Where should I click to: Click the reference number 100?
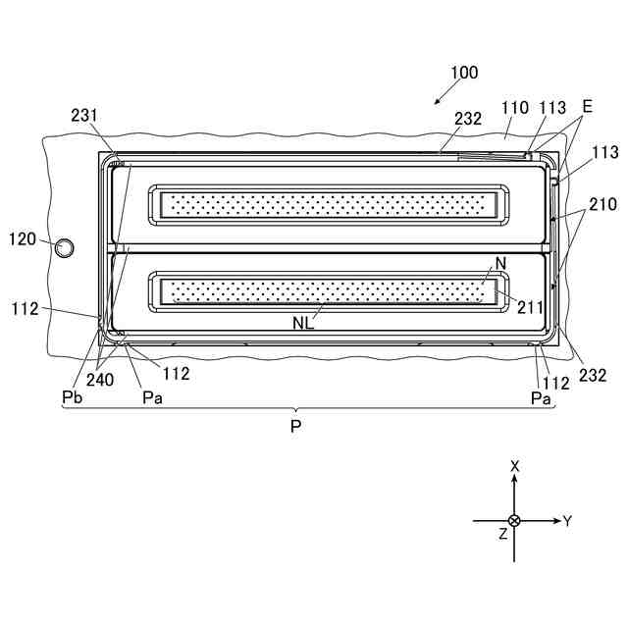point(464,73)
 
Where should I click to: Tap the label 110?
point(513,108)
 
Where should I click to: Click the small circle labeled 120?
point(64,247)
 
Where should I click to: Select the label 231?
point(84,116)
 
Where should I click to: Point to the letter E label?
point(587,106)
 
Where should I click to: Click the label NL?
point(304,321)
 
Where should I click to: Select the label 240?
point(110,380)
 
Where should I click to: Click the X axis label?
point(514,466)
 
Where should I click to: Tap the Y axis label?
point(567,521)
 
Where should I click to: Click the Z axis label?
point(501,535)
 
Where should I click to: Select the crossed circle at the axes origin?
point(514,520)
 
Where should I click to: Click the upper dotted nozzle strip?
point(323,204)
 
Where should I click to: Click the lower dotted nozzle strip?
point(323,291)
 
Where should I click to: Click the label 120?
point(24,238)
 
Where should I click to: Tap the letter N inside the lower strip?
point(499,263)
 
